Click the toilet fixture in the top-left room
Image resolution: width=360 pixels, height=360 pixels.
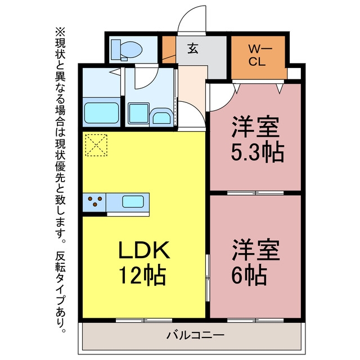point(126,49)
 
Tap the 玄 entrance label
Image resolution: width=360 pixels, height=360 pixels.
point(193,48)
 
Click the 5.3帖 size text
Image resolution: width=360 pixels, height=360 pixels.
point(258,152)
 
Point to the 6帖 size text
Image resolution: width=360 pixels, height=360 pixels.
point(249,276)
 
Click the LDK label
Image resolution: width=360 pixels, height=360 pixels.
point(144,250)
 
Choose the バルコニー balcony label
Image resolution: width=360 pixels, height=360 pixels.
point(195,335)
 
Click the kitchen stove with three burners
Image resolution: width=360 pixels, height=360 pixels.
point(94,202)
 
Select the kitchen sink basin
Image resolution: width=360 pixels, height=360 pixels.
point(133,202)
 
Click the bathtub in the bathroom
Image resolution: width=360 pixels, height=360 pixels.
point(101,112)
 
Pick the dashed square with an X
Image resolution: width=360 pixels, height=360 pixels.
point(96,145)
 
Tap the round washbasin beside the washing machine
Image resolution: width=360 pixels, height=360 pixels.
point(162,118)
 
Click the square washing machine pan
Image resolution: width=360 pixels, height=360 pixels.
point(138,114)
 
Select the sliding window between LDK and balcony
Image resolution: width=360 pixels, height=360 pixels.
point(144,320)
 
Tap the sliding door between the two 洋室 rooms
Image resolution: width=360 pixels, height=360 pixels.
point(255,193)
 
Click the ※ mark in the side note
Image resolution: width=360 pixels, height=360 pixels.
point(60,32)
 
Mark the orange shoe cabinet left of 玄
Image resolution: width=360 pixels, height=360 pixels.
point(169,49)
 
